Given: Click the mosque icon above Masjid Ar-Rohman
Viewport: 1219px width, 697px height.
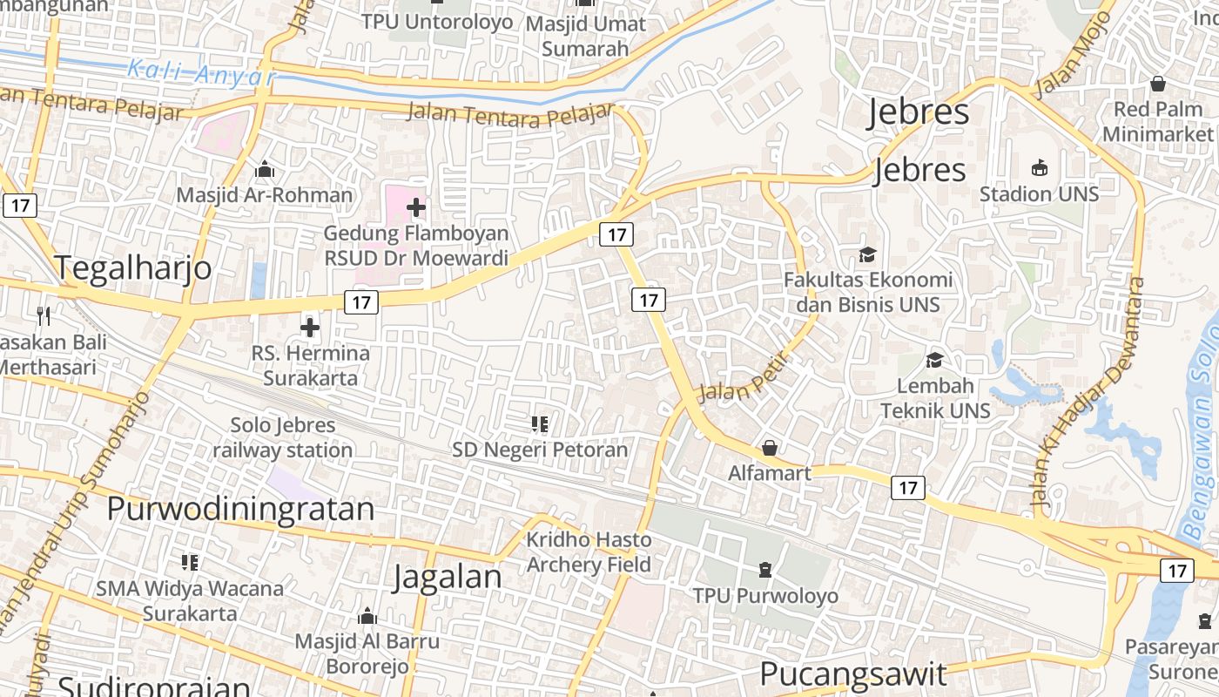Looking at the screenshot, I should click(x=265, y=169).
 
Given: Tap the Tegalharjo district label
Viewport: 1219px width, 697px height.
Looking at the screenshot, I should click(x=134, y=267).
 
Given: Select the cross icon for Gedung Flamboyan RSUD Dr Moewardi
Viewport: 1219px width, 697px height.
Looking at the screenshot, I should click(x=416, y=207).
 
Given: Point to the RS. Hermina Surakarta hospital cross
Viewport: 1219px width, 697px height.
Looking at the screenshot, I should click(x=310, y=328).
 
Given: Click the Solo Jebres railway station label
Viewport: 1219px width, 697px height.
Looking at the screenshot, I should click(x=283, y=437).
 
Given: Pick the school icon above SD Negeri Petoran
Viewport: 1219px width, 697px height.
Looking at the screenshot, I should click(x=540, y=424).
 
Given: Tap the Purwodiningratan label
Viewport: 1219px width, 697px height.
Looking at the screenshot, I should click(x=240, y=509).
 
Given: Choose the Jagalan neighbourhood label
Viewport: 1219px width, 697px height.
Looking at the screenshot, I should click(x=447, y=577).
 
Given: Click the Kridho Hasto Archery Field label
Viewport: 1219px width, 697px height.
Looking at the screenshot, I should click(x=589, y=552).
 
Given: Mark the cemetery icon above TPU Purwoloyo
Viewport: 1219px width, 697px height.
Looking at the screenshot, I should click(x=764, y=570).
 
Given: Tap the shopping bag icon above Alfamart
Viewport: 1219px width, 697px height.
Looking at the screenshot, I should click(x=770, y=449).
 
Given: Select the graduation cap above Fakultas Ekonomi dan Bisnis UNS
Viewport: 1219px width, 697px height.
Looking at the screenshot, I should click(x=868, y=254).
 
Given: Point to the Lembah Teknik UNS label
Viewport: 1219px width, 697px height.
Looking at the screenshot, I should click(x=935, y=398).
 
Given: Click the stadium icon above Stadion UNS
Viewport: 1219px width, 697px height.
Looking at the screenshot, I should click(x=1039, y=167).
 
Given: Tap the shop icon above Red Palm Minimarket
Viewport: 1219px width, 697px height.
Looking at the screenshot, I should click(x=1158, y=84).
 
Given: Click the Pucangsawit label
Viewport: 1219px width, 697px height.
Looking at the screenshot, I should click(x=852, y=673).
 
